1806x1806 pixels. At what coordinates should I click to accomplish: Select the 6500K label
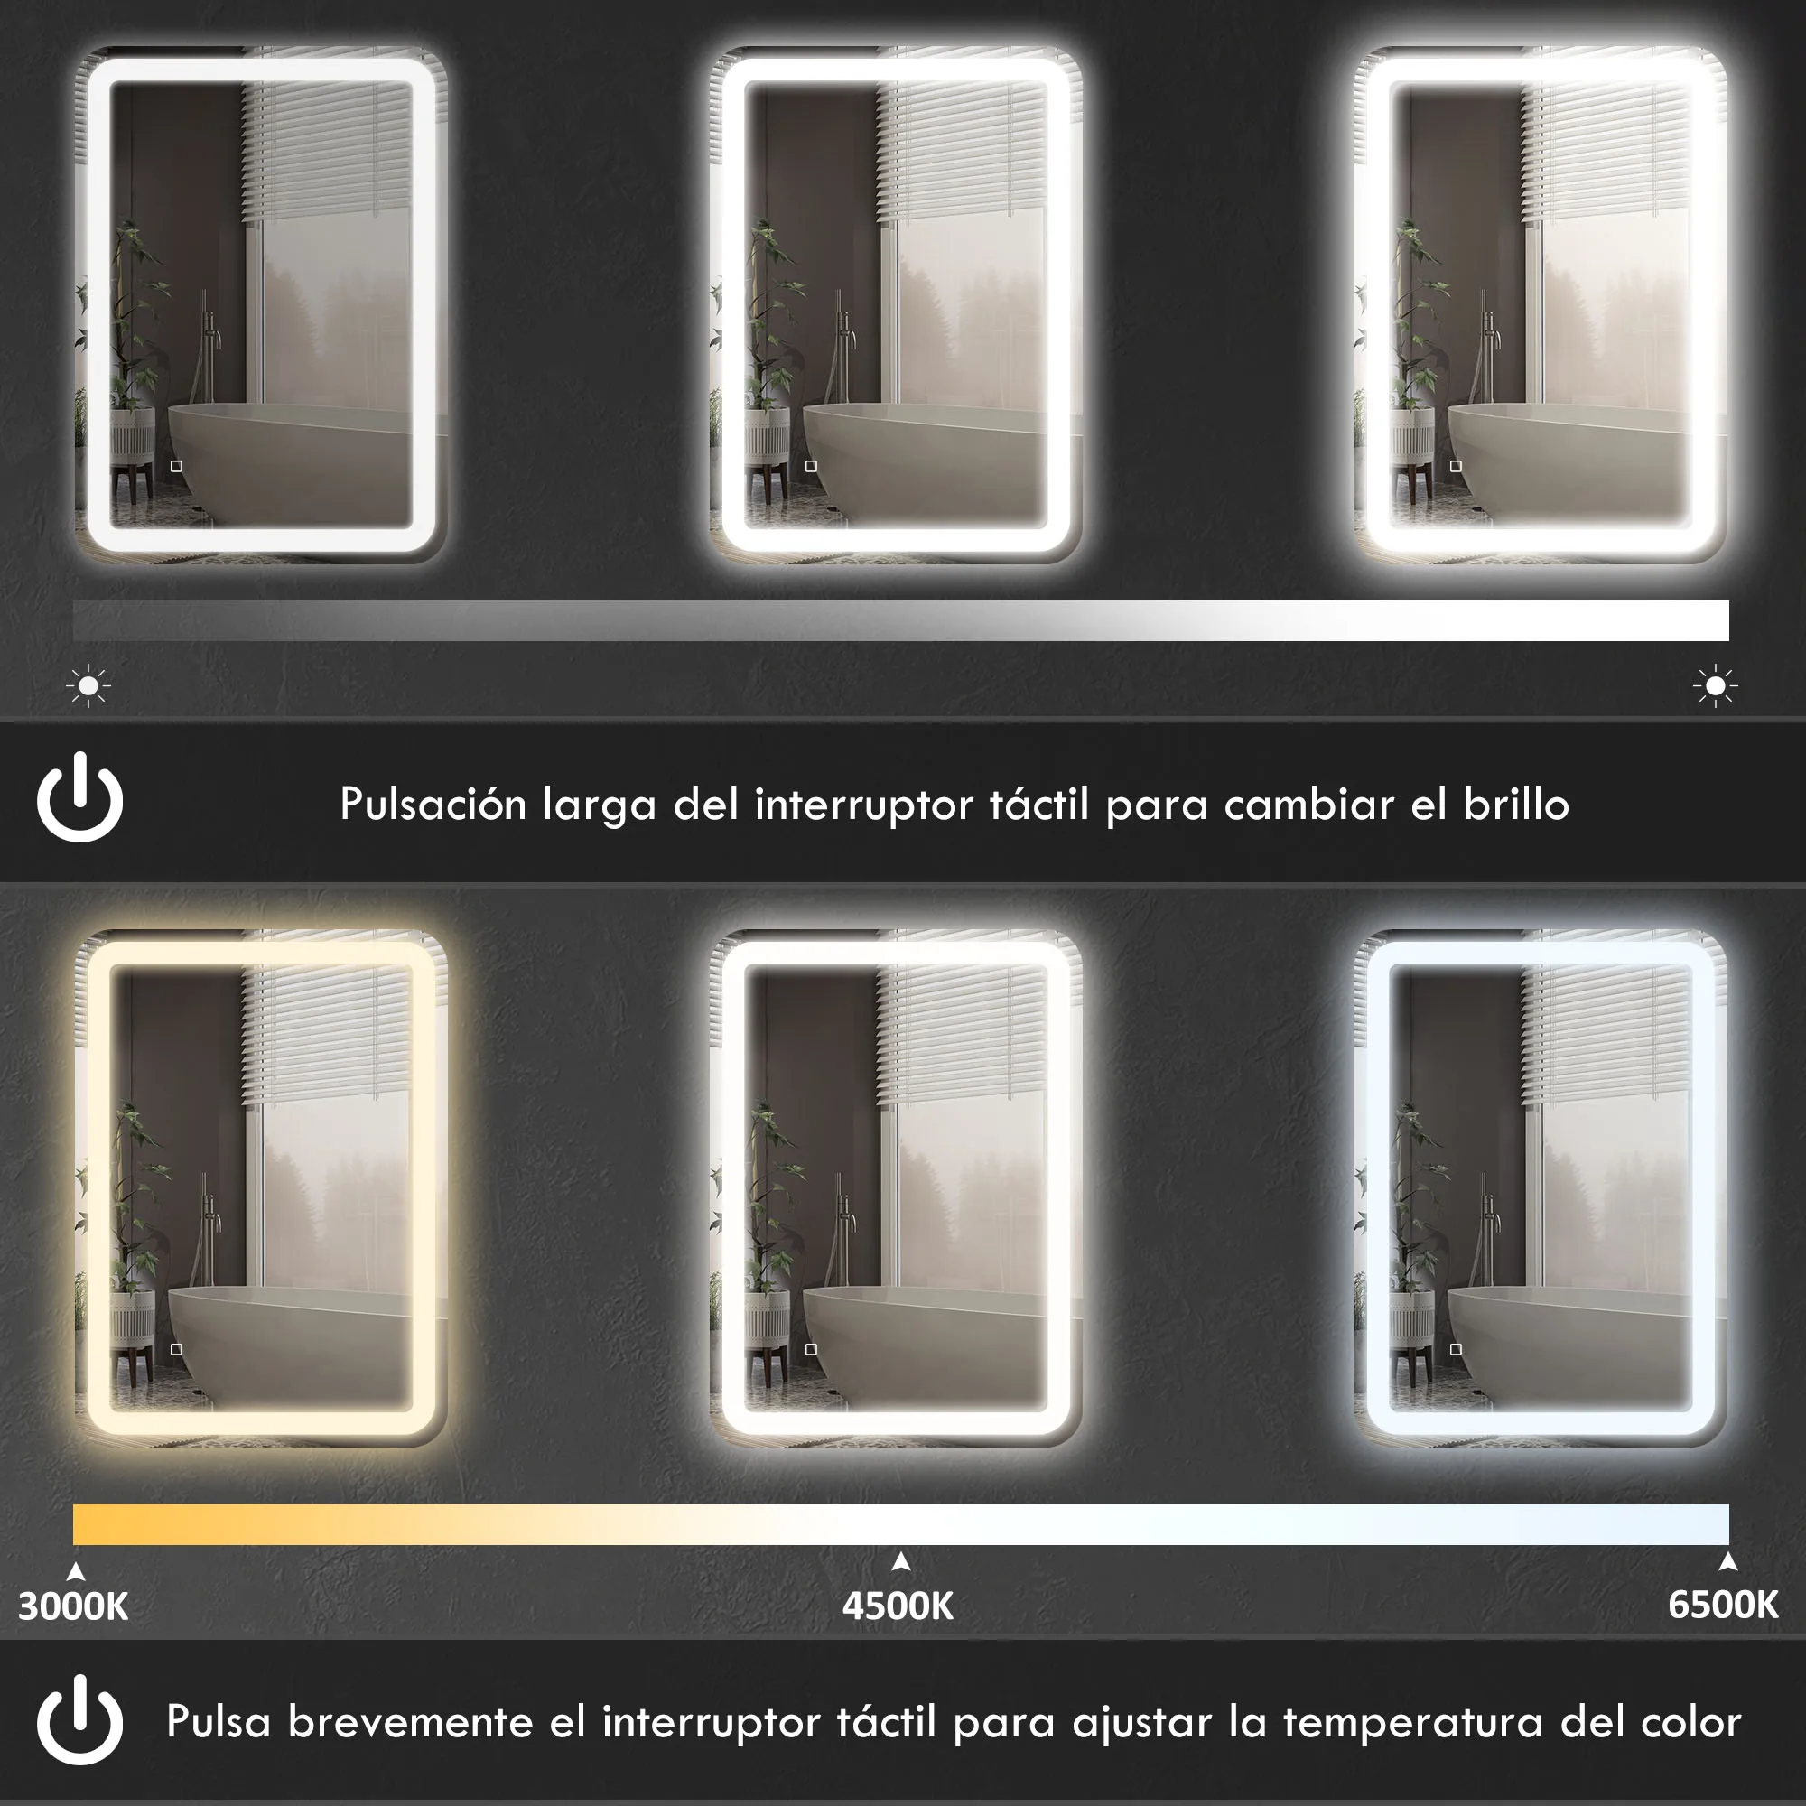(1723, 1605)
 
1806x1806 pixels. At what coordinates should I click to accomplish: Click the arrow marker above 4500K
(901, 1561)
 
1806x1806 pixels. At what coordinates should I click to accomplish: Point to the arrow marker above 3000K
(77, 1571)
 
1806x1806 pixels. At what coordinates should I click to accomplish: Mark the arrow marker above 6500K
(1727, 1561)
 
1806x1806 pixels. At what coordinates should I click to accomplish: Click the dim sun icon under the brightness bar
(88, 686)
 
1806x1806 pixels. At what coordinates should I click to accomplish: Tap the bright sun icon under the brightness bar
(1716, 687)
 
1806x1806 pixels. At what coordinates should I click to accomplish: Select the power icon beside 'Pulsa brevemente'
(80, 1721)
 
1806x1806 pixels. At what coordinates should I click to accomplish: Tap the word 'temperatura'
(1411, 1723)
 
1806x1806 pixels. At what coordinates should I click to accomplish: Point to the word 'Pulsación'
(433, 805)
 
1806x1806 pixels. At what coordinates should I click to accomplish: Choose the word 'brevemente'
(410, 1723)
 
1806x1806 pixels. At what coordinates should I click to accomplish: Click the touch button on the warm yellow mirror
(177, 1349)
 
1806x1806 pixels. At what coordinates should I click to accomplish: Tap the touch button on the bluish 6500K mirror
(1456, 1349)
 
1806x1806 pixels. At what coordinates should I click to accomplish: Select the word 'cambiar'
(1308, 805)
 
